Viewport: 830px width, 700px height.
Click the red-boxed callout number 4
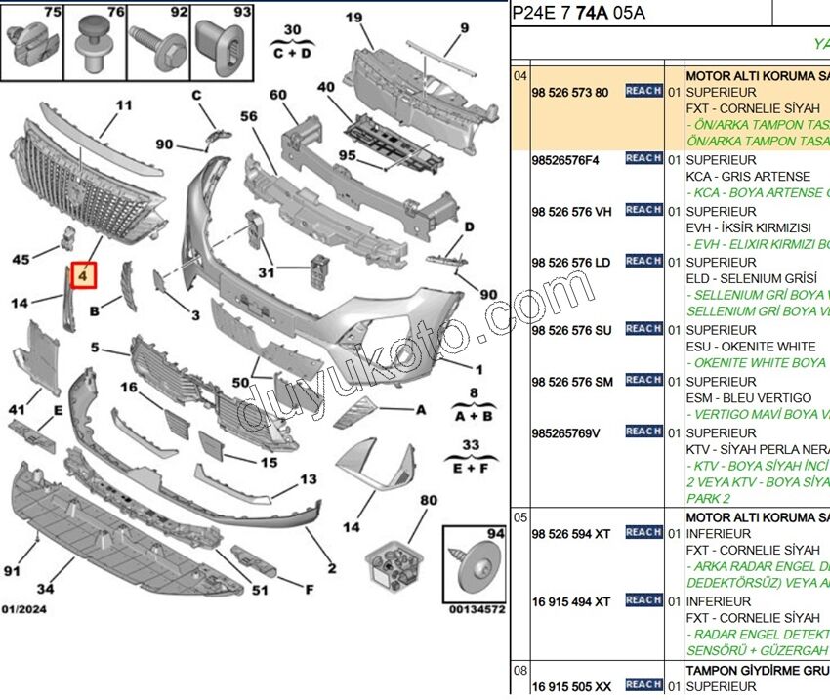click(x=85, y=276)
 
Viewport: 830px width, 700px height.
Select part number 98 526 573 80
click(x=570, y=93)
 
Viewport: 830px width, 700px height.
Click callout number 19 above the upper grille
click(x=353, y=17)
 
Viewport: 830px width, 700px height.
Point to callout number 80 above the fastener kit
click(x=428, y=501)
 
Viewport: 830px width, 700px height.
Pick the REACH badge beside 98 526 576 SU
click(x=643, y=329)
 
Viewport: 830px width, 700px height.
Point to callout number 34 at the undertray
click(x=45, y=588)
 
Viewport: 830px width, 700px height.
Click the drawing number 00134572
click(x=477, y=609)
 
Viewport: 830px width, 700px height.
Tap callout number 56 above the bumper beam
click(x=249, y=115)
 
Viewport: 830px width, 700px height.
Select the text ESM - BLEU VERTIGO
click(x=749, y=397)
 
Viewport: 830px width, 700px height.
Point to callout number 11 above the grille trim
click(x=123, y=105)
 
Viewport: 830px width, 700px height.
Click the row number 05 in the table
click(x=520, y=516)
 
